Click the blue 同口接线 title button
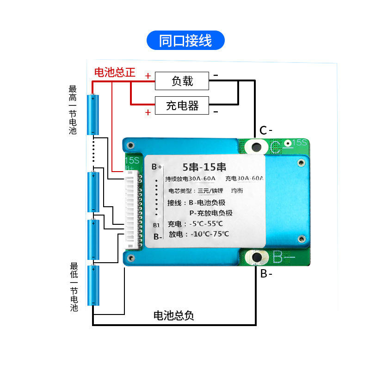(185, 41)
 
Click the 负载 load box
(182, 81)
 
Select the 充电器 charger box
(182, 106)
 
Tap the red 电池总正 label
(115, 73)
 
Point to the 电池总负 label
(173, 316)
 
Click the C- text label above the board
(265, 131)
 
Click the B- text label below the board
(266, 274)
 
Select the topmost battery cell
(93, 115)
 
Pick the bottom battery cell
(93, 285)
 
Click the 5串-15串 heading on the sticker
(204, 167)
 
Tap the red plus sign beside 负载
(148, 75)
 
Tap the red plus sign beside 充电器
(148, 112)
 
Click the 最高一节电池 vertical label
(73, 110)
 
